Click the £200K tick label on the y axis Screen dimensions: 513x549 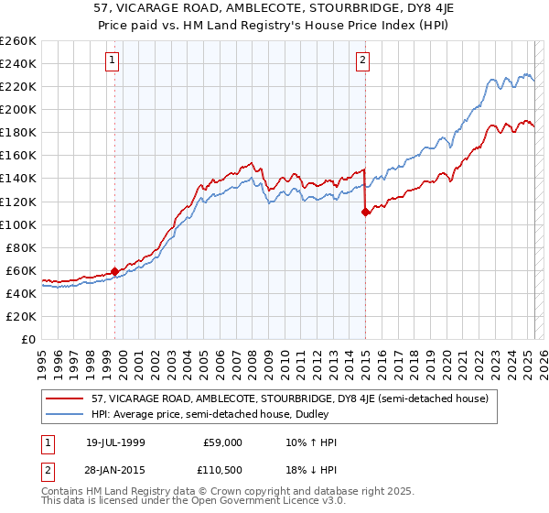(18, 109)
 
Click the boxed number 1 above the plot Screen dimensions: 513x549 (113, 61)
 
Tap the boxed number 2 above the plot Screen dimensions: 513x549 (363, 61)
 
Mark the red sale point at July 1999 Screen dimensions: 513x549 (114, 271)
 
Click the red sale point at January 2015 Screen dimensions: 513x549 (365, 212)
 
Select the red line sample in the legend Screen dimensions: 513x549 (62, 398)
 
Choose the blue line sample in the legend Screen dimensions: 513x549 (62, 414)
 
